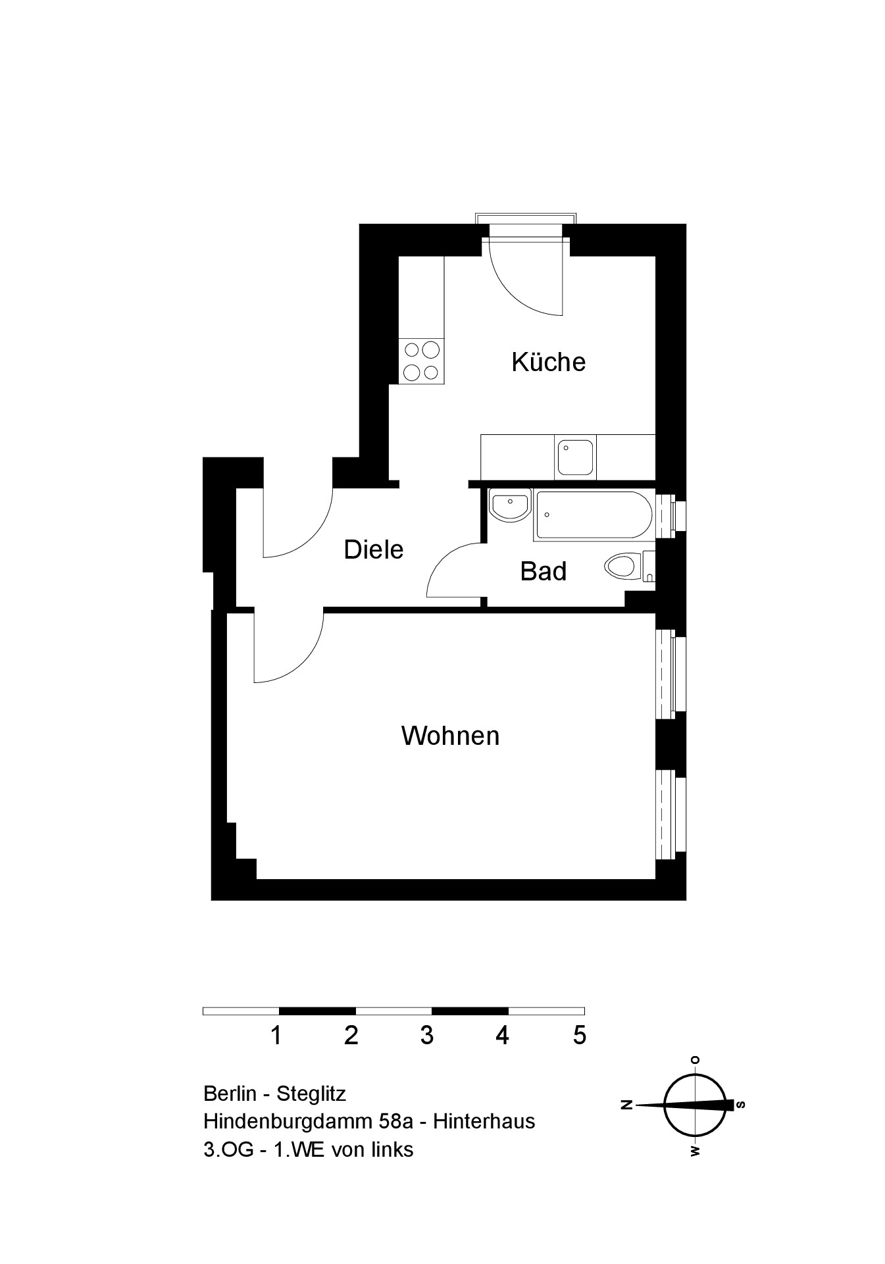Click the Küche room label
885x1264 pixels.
click(x=548, y=361)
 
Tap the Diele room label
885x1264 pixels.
click(x=373, y=549)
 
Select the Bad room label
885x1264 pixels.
click(x=543, y=571)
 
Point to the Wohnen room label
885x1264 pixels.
click(x=450, y=736)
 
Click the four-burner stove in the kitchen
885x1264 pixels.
click(x=421, y=361)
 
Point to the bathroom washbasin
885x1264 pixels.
click(x=509, y=506)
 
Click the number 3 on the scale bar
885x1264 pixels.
click(x=426, y=1036)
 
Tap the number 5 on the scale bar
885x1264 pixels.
click(x=579, y=1036)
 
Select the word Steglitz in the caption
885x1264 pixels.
click(x=311, y=1094)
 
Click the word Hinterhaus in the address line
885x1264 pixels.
click(x=484, y=1121)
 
